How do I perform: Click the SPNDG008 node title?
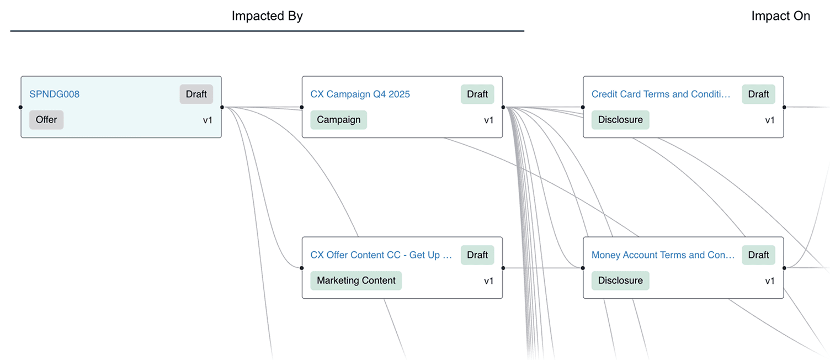(54, 94)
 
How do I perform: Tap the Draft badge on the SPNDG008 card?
(196, 94)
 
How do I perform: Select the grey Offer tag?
(46, 120)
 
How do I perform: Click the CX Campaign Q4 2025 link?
(360, 94)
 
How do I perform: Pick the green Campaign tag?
(338, 120)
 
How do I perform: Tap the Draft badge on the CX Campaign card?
(477, 94)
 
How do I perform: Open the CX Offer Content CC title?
(381, 255)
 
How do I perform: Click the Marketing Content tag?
(356, 280)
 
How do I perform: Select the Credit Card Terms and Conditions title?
(661, 94)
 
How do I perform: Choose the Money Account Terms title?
(663, 255)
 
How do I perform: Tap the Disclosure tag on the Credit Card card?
(620, 120)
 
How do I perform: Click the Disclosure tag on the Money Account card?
(620, 280)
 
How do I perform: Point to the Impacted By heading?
(267, 16)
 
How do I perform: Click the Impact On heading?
(780, 16)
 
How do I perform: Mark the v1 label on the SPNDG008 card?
(208, 120)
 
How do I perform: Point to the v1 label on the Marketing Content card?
(489, 280)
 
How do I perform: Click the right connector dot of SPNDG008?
(222, 107)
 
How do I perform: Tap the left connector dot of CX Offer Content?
(302, 268)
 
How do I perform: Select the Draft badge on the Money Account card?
(758, 255)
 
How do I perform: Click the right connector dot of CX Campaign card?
(503, 107)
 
